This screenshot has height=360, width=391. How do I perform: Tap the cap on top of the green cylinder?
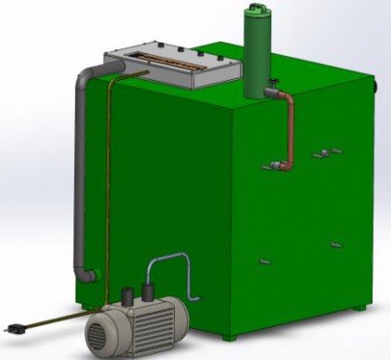pyautogui.click(x=258, y=10)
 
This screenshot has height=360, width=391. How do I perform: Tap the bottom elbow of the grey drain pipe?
pyautogui.click(x=88, y=274)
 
